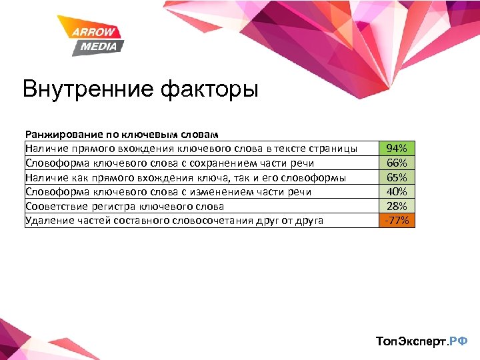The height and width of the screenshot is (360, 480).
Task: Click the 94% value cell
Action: point(397,148)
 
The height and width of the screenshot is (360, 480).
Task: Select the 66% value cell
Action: point(397,163)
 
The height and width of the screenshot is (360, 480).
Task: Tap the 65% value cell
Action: point(397,177)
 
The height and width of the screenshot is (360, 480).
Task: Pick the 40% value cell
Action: point(397,192)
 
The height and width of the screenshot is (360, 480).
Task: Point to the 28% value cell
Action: point(397,206)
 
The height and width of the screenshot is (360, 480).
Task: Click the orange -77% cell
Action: point(397,221)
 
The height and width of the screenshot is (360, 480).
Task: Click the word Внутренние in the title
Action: point(87,89)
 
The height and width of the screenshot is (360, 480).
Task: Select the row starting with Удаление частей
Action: point(174,221)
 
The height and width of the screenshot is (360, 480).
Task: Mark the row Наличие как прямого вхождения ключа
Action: point(185,177)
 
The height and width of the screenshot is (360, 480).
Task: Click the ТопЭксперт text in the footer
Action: point(411,341)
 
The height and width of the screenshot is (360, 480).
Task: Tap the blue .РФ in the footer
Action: point(458,341)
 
